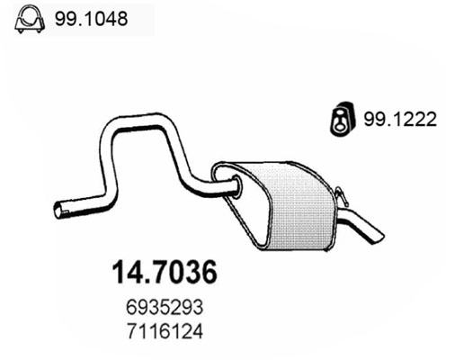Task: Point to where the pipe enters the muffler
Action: (235, 188)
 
